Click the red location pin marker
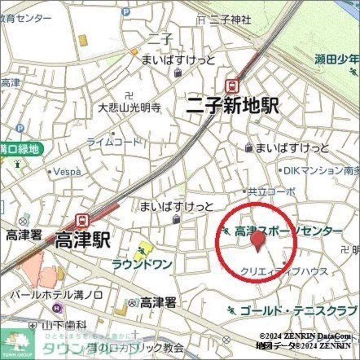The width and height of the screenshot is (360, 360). point(257,240)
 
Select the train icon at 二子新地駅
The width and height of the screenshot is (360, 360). point(231,86)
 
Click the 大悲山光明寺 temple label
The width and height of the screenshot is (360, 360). point(130,107)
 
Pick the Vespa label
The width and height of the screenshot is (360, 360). point(67,172)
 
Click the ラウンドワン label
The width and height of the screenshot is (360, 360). point(142,265)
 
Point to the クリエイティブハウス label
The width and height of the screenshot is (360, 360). point(284,271)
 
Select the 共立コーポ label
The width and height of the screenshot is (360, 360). point(272,192)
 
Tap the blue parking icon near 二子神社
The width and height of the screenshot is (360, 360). point(126,12)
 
